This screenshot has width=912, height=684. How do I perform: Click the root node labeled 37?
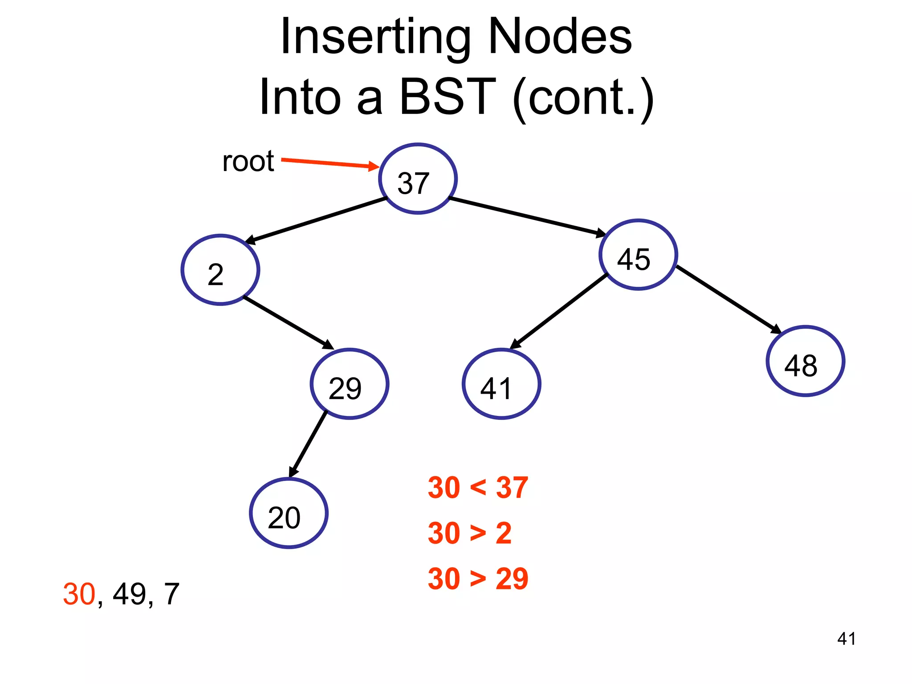pyautogui.click(x=418, y=179)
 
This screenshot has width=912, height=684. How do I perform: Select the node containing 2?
pyautogui.click(x=220, y=270)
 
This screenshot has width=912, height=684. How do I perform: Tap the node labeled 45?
pyautogui.click(x=638, y=255)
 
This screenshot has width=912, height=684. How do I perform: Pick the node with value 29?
pyautogui.click(x=350, y=384)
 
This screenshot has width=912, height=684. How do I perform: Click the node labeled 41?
pyautogui.click(x=501, y=384)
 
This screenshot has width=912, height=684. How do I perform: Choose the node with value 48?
pyautogui.click(x=805, y=361)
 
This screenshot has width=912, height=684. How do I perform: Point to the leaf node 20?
pyautogui.click(x=289, y=513)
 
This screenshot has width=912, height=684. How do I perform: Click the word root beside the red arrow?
pyautogui.click(x=248, y=161)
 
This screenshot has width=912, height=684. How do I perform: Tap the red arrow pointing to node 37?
pyautogui.click(x=330, y=163)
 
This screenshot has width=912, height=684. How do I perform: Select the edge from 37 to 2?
pyautogui.click(x=316, y=221)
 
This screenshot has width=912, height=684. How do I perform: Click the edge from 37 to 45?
pyautogui.click(x=528, y=216)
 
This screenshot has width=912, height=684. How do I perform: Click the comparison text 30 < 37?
pyautogui.click(x=477, y=488)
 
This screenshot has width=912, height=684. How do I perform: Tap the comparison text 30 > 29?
pyautogui.click(x=477, y=579)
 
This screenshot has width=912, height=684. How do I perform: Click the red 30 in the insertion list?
pyautogui.click(x=79, y=594)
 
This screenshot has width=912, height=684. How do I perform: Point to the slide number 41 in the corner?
pyautogui.click(x=846, y=639)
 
